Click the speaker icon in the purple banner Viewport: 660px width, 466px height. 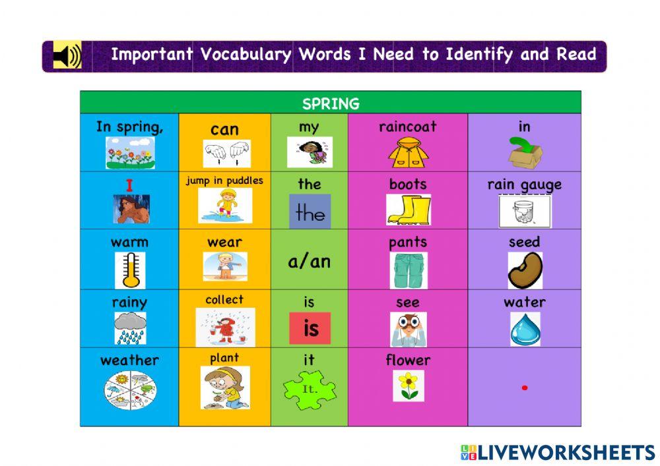click(67, 56)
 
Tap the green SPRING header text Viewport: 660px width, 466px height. click(331, 103)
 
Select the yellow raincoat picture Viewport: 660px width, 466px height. click(408, 152)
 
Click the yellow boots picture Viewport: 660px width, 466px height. click(408, 210)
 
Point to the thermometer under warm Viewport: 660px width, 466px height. click(130, 270)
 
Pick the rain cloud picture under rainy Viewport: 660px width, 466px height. click(130, 328)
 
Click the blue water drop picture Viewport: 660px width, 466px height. click(525, 329)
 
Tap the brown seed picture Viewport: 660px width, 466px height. click(525, 270)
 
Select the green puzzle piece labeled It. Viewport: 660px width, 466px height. click(310, 389)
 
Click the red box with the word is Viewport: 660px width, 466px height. click(310, 328)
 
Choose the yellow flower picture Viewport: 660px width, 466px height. click(409, 386)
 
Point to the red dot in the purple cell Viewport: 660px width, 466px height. click(525, 388)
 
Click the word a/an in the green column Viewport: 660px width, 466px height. click(309, 262)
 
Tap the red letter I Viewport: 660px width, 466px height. click(129, 186)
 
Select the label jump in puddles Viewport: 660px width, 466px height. click(224, 181)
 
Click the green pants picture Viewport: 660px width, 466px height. click(408, 270)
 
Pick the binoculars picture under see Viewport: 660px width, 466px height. click(408, 329)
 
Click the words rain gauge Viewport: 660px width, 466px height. click(525, 185)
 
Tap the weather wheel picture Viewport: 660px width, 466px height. click(130, 389)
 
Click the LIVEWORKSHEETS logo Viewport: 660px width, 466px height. click(558, 452)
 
